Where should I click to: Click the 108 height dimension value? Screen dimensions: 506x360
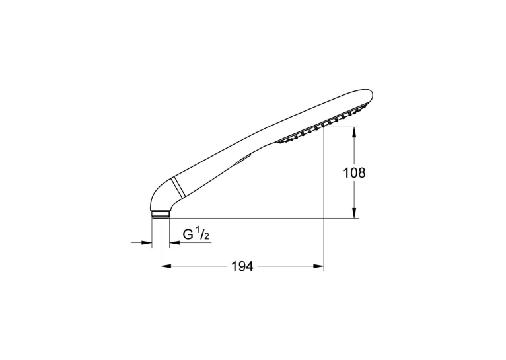[x=354, y=173]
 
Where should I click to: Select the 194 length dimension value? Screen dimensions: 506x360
[x=242, y=266]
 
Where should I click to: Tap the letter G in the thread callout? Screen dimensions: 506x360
[x=188, y=234]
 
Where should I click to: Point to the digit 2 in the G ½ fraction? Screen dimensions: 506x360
[x=207, y=237]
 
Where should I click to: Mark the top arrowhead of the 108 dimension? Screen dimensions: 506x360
[x=354, y=133]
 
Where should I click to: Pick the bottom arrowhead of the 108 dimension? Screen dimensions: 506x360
[x=354, y=213]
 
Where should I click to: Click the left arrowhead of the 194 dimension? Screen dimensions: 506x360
[x=166, y=266]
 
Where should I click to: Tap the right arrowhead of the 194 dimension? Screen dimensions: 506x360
[x=318, y=266]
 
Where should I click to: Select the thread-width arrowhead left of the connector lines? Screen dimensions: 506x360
[x=147, y=242]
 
